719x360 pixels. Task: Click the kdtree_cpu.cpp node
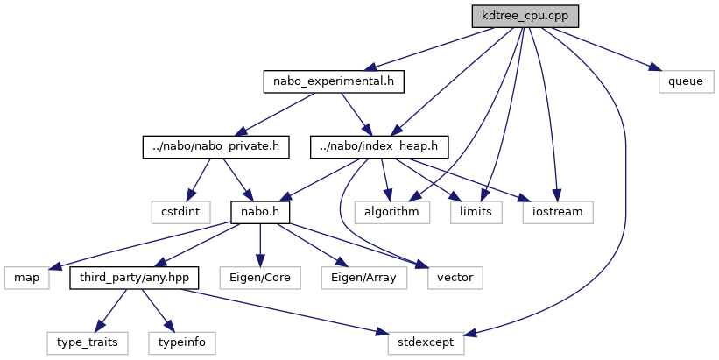(x=525, y=17)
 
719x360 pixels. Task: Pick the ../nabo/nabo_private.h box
(x=215, y=146)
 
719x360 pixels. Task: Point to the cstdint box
(x=180, y=211)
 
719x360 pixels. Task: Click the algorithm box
(x=392, y=211)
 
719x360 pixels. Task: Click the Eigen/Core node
(x=260, y=277)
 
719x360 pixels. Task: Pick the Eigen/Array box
(x=359, y=277)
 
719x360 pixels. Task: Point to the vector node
(x=455, y=277)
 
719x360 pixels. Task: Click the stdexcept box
(x=427, y=342)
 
